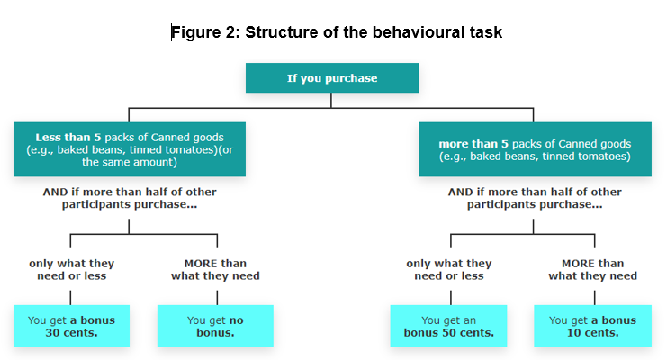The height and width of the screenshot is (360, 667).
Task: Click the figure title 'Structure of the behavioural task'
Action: [x=374, y=32]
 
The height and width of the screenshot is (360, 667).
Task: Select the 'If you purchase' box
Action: [x=332, y=78]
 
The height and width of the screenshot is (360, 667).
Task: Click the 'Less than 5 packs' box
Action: [x=130, y=149]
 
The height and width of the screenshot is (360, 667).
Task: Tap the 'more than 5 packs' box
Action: [x=535, y=149]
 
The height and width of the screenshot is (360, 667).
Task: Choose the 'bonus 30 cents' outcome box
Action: [x=71, y=326]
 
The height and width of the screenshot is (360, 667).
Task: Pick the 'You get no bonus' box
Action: [x=215, y=326]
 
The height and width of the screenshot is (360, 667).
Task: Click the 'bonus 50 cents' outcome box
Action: [x=449, y=326]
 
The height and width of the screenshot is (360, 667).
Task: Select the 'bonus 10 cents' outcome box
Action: [x=592, y=326]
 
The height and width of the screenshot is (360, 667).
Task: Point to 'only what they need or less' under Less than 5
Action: [x=71, y=269]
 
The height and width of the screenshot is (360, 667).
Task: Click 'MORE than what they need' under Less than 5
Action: [x=215, y=269]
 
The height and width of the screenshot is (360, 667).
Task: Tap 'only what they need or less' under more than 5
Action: [x=449, y=269]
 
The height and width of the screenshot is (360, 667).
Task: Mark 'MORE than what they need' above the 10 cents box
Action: [x=592, y=269]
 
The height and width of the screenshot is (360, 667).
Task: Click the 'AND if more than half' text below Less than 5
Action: [x=130, y=198]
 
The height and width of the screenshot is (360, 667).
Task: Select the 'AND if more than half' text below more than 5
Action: [x=535, y=198]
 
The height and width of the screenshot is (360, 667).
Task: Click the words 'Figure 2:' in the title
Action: [x=206, y=32]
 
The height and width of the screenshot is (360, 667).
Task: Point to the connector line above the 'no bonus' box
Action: [x=217, y=298]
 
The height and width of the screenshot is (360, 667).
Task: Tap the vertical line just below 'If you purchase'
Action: [x=331, y=101]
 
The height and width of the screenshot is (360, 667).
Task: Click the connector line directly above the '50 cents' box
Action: [x=450, y=298]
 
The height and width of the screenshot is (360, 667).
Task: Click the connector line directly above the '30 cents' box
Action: [x=70, y=298]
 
